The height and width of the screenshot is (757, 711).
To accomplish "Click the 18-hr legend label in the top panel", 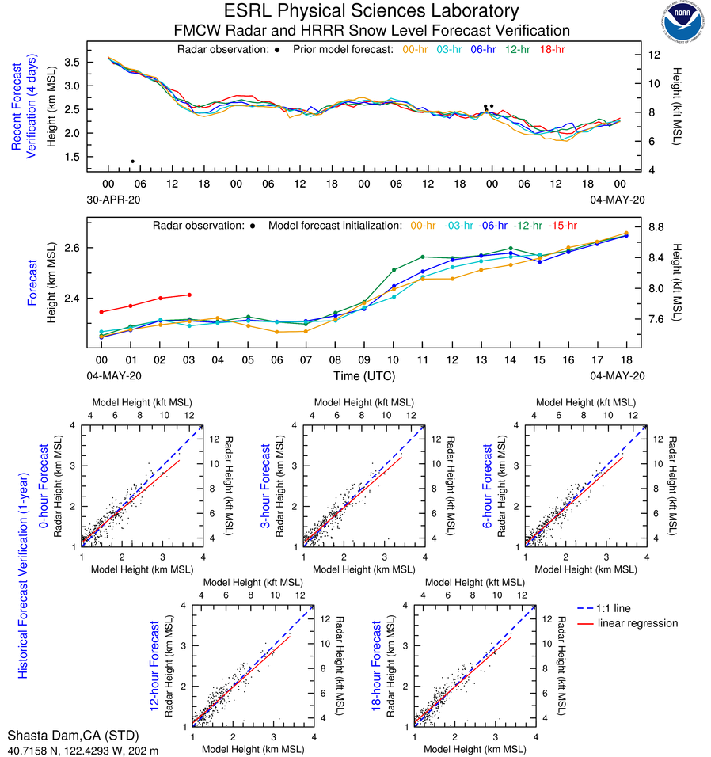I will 551,49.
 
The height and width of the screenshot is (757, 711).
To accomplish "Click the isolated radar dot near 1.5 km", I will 132,162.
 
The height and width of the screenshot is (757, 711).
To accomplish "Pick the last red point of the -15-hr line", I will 188,295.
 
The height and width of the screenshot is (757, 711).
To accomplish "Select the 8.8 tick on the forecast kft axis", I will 656,227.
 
